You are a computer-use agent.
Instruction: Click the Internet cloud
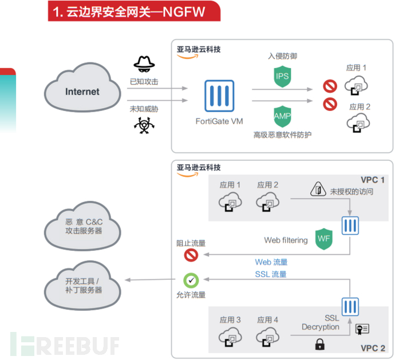coord(82,92)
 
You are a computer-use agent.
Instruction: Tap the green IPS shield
coord(282,77)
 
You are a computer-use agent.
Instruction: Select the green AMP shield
coord(282,116)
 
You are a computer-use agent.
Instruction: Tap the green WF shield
coord(324,239)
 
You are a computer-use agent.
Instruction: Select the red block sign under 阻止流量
coord(191,255)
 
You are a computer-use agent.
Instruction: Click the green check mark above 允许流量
coord(191,280)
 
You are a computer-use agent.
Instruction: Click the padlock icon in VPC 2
coord(319,344)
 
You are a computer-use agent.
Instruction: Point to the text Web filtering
coord(286,240)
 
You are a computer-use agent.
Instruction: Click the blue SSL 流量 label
coord(271,274)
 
